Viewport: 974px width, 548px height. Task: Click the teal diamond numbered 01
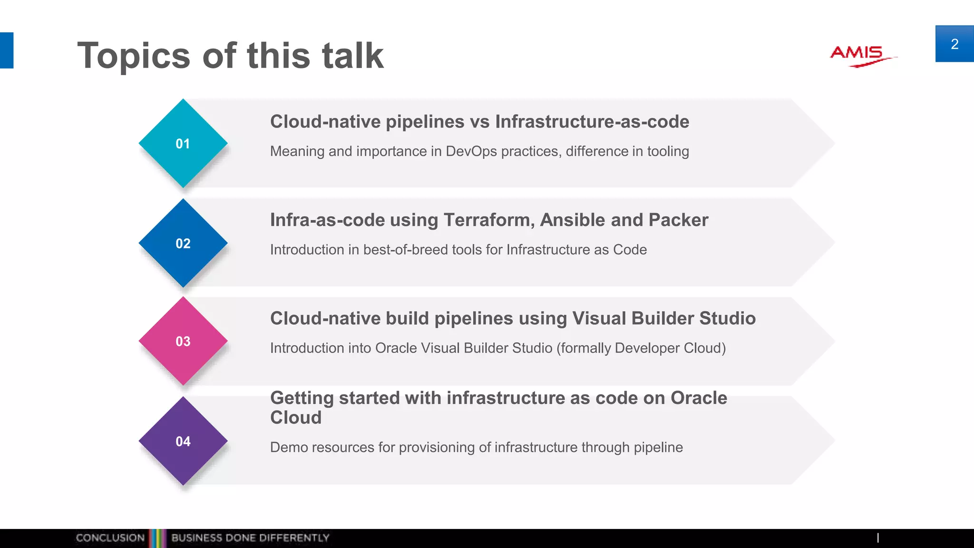[183, 143]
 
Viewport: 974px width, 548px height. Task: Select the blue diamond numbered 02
[183, 243]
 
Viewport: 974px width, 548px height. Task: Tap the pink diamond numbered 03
[183, 341]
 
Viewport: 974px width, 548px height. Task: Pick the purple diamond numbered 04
[183, 441]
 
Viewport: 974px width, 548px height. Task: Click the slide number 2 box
[954, 44]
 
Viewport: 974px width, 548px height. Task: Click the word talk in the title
[352, 55]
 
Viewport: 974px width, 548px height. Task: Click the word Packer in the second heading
[678, 220]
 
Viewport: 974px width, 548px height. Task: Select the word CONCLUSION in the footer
[110, 538]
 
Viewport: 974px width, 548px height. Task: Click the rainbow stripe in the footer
[157, 538]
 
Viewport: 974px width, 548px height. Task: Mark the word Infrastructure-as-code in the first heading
[592, 122]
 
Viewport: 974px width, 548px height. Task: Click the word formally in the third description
[585, 348]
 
